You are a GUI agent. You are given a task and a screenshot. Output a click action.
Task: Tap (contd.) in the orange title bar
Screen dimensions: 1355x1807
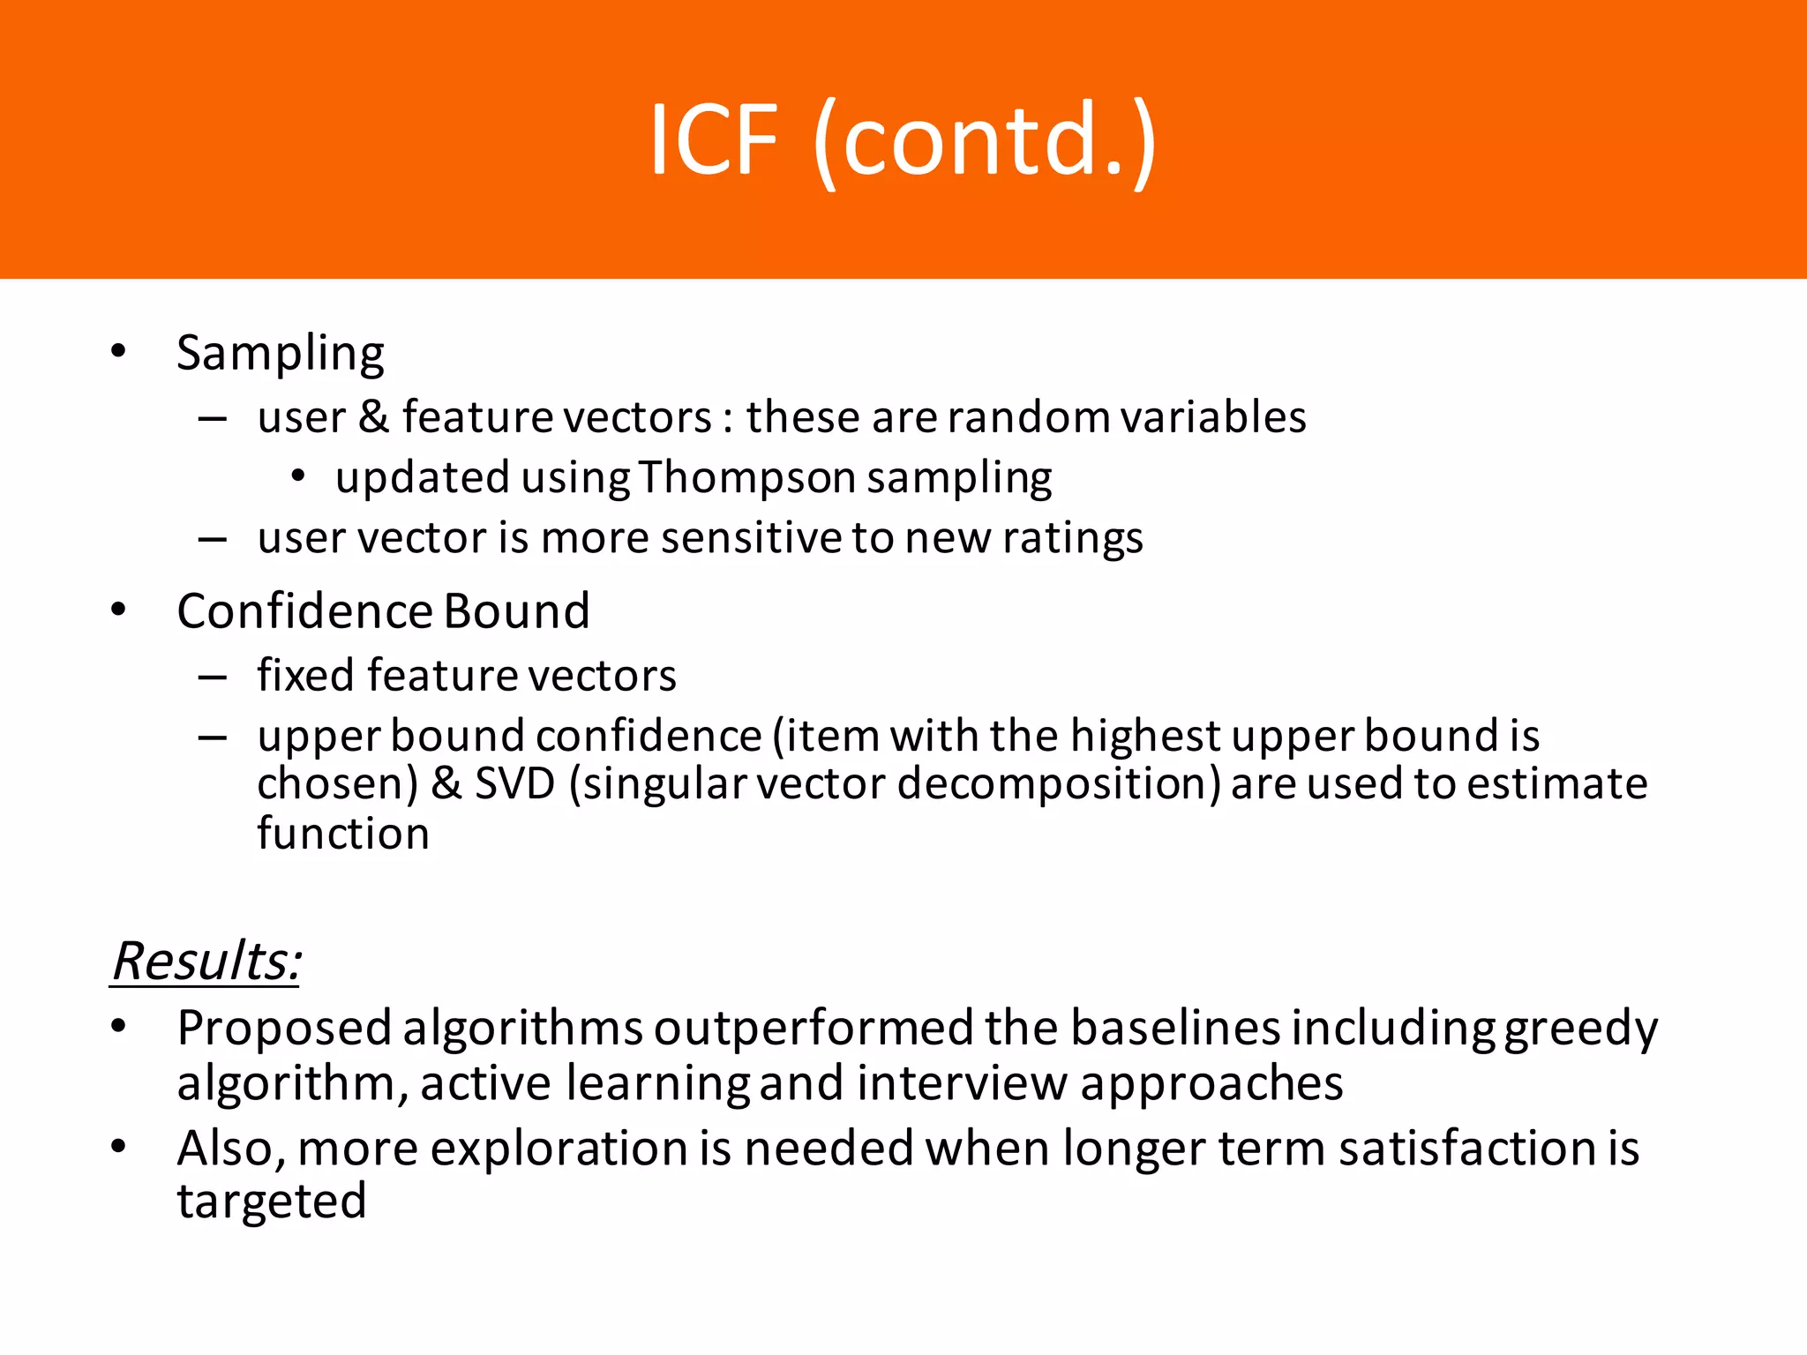(985, 141)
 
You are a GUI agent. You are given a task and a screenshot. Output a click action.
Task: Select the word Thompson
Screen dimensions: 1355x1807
(746, 478)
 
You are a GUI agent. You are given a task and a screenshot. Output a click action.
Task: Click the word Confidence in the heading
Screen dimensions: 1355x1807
(304, 610)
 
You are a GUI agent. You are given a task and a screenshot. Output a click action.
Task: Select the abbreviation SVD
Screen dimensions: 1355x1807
(515, 783)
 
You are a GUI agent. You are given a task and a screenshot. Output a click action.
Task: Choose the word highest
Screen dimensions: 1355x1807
(1145, 736)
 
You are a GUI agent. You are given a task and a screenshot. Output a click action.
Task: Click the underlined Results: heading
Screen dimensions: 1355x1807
(206, 961)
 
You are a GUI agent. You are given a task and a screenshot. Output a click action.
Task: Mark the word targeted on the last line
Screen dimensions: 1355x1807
(272, 1202)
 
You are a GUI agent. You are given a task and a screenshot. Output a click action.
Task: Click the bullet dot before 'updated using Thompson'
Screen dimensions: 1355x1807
(298, 477)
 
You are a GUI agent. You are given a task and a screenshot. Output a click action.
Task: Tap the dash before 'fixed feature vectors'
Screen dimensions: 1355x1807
(213, 677)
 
